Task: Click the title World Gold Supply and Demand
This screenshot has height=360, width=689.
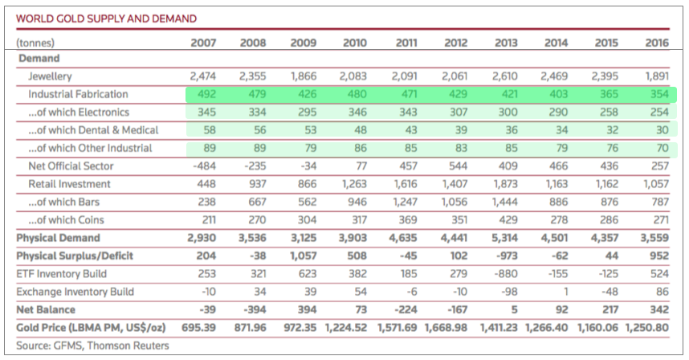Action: point(106,17)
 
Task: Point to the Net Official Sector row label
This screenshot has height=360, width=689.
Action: point(71,166)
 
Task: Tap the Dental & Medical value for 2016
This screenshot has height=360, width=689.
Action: point(659,130)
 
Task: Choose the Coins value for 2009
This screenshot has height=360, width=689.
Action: point(305,219)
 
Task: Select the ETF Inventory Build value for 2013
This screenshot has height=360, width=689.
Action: point(506,273)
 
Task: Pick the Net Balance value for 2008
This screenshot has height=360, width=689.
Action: point(253,309)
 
